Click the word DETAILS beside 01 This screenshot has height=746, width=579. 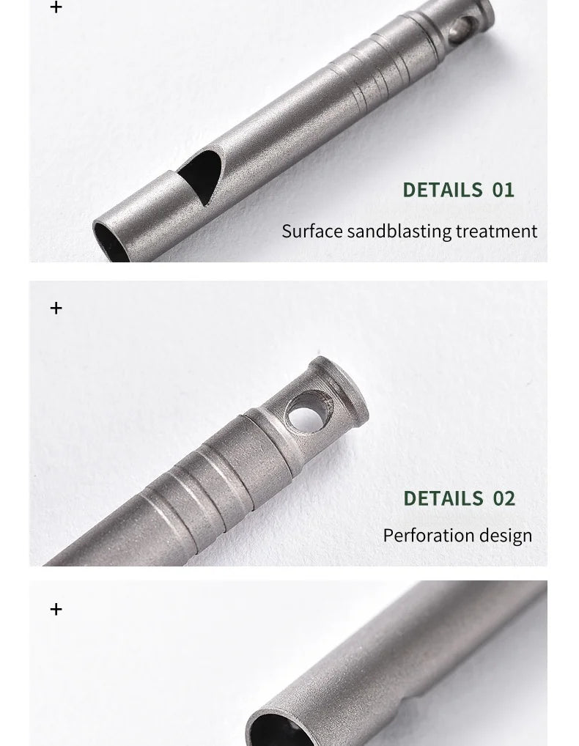click(x=443, y=190)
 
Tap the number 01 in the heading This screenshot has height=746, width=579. click(x=503, y=190)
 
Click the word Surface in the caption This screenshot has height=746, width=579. click(x=312, y=232)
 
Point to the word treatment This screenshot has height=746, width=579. click(x=497, y=232)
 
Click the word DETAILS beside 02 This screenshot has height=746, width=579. click(x=443, y=498)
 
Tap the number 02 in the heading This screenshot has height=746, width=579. click(x=504, y=498)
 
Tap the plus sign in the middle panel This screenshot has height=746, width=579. click(x=56, y=308)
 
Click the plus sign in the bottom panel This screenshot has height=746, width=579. click(x=56, y=609)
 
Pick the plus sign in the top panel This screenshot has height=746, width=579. click(x=56, y=7)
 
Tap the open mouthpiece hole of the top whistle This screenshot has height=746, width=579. click(x=111, y=243)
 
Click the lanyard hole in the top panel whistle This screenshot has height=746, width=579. click(x=463, y=30)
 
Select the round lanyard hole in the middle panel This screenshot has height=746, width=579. click(x=309, y=412)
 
